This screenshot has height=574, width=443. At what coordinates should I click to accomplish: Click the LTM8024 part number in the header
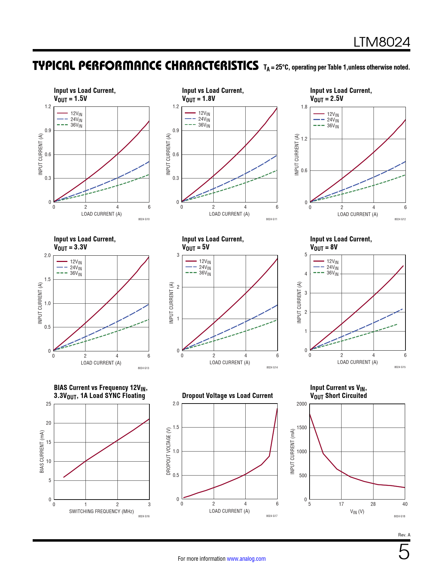pyautogui.click(x=382, y=42)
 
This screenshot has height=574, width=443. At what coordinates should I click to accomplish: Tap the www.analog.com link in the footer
pyautogui.click(x=246, y=559)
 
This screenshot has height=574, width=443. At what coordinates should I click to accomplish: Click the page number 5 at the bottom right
pyautogui.click(x=404, y=552)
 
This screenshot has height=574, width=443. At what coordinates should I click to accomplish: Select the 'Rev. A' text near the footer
pyautogui.click(x=404, y=535)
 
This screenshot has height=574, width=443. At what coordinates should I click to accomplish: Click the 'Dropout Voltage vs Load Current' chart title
pyautogui.click(x=227, y=396)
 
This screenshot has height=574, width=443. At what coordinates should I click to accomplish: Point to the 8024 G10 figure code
pyautogui.click(x=144, y=219)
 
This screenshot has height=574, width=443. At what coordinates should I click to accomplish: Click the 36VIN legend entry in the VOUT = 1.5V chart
pyautogui.click(x=76, y=125)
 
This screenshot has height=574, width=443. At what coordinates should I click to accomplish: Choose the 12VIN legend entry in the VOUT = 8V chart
pyautogui.click(x=332, y=261)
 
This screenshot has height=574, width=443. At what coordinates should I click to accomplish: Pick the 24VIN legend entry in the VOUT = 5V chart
pyautogui.click(x=205, y=267)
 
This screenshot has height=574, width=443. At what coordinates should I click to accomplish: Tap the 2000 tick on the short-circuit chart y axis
pyautogui.click(x=302, y=404)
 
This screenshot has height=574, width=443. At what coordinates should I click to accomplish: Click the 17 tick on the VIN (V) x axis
pyautogui.click(x=341, y=504)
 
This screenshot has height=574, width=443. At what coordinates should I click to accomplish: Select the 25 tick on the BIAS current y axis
pyautogui.click(x=48, y=404)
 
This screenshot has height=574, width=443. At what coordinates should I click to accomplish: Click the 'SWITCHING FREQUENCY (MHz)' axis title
pyautogui.click(x=101, y=511)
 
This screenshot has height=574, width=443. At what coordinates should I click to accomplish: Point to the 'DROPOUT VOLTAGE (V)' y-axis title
pyautogui.click(x=169, y=451)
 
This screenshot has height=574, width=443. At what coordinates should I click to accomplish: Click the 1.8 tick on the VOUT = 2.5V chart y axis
pyautogui.click(x=304, y=107)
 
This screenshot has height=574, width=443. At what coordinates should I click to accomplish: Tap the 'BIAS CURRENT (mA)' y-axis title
pyautogui.click(x=42, y=452)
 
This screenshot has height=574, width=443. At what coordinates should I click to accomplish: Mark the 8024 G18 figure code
pyautogui.click(x=400, y=516)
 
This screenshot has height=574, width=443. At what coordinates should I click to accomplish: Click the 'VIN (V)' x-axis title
pyautogui.click(x=357, y=512)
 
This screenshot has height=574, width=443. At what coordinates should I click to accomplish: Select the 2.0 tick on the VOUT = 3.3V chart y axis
pyautogui.click(x=47, y=255)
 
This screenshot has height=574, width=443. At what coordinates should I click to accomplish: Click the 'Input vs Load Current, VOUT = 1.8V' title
pyautogui.click(x=213, y=95)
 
